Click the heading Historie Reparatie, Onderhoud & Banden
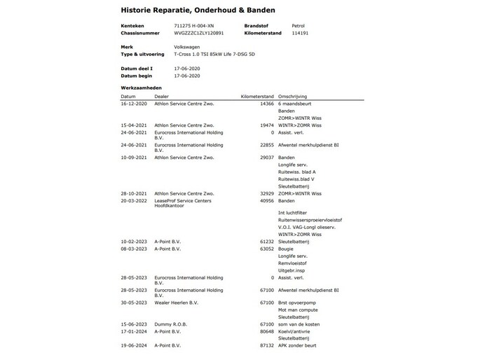click(198, 11)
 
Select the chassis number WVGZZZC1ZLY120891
click(199, 32)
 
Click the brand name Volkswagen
click(188, 46)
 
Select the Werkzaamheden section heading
click(142, 88)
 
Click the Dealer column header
click(162, 96)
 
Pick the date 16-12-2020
click(134, 104)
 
